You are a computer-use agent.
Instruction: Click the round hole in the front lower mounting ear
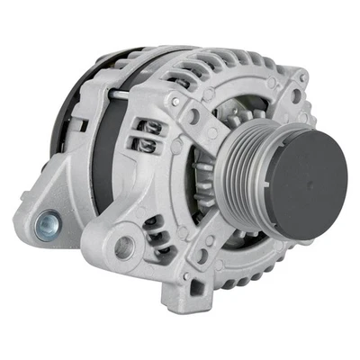(124, 246)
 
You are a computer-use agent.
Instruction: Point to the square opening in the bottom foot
(196, 287)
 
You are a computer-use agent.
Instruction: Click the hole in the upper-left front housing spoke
(193, 115)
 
